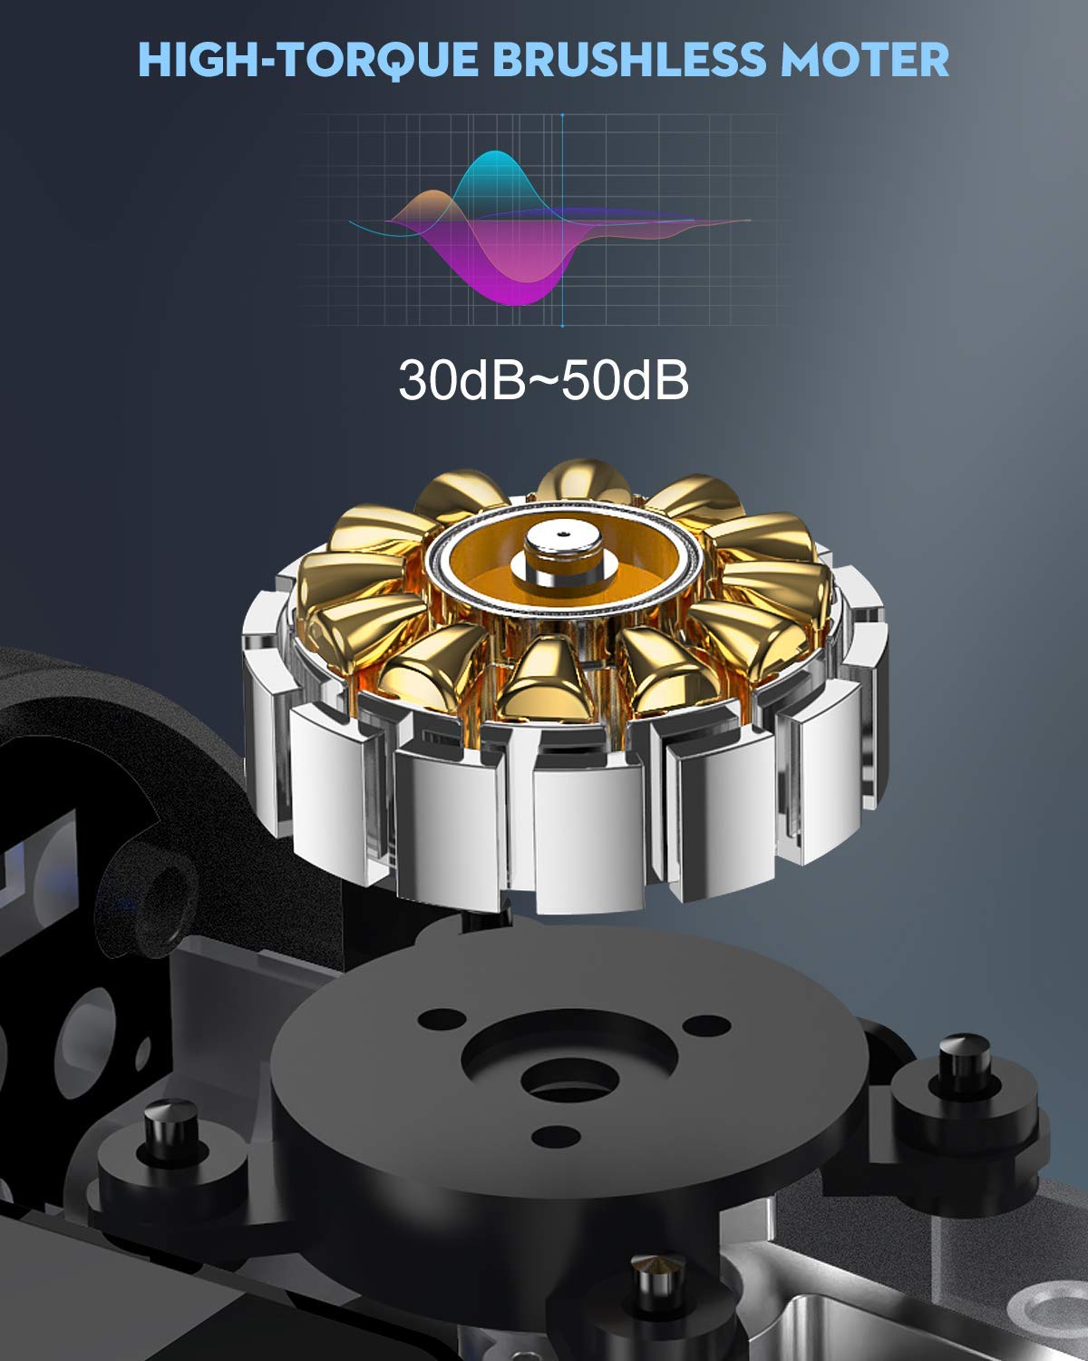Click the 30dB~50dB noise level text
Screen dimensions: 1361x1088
pyautogui.click(x=543, y=380)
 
